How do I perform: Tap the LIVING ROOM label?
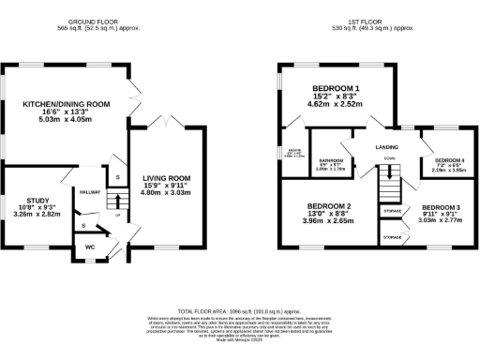(x=166, y=177)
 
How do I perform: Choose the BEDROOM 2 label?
(x=329, y=205)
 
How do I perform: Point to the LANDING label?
(x=384, y=146)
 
